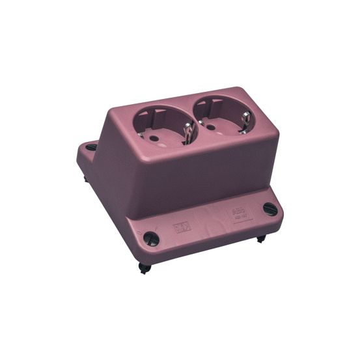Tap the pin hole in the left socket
click(156, 138)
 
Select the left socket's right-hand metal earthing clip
click(189, 133)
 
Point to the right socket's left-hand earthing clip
click(202, 121)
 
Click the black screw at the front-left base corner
click(150, 238)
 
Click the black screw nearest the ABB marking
click(270, 209)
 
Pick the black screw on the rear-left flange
click(90, 147)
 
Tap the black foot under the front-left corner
click(144, 267)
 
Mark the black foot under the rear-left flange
click(85, 176)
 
